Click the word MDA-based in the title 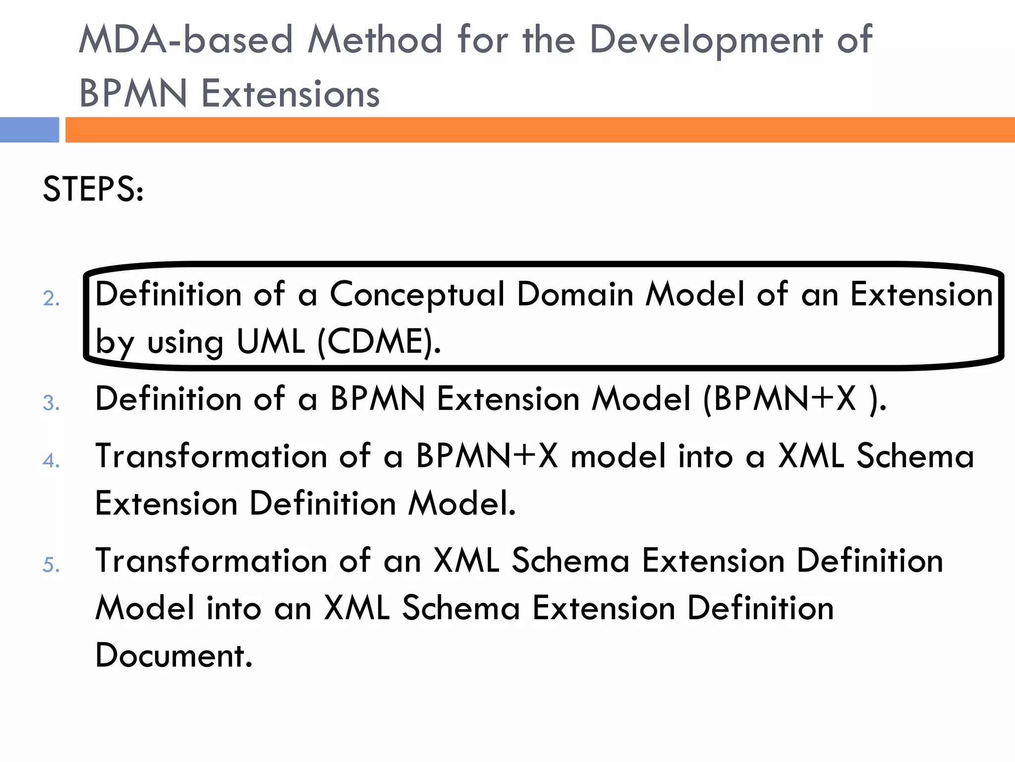186,40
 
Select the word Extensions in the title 290,94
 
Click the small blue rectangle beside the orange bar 29,130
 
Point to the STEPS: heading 93,189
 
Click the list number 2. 51,299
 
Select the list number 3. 51,403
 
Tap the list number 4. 51,460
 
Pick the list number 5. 51,565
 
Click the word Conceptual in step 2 417,295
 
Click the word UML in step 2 271,342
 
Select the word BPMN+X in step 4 487,456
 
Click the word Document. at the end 174,656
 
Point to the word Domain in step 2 575,294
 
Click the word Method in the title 375,40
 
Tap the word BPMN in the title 133,94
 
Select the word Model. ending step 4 462,504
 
